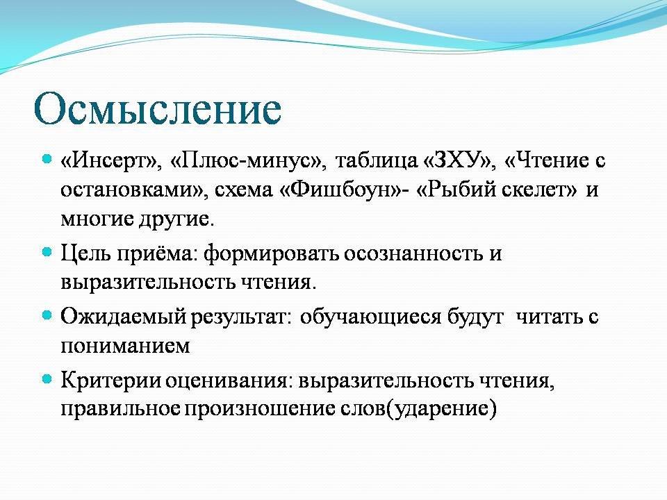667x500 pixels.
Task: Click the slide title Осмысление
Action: [x=158, y=109]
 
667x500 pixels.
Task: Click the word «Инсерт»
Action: [x=108, y=160]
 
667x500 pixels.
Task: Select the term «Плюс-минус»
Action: [x=246, y=160]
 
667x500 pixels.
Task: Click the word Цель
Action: [x=86, y=253]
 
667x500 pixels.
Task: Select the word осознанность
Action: [x=413, y=254]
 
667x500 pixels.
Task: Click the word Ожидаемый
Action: [x=124, y=317]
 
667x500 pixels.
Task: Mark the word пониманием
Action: [x=125, y=346]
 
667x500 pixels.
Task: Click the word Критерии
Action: [x=111, y=380]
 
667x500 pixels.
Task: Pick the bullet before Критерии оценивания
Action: [x=47, y=379]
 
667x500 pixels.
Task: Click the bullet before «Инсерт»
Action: [x=47, y=160]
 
